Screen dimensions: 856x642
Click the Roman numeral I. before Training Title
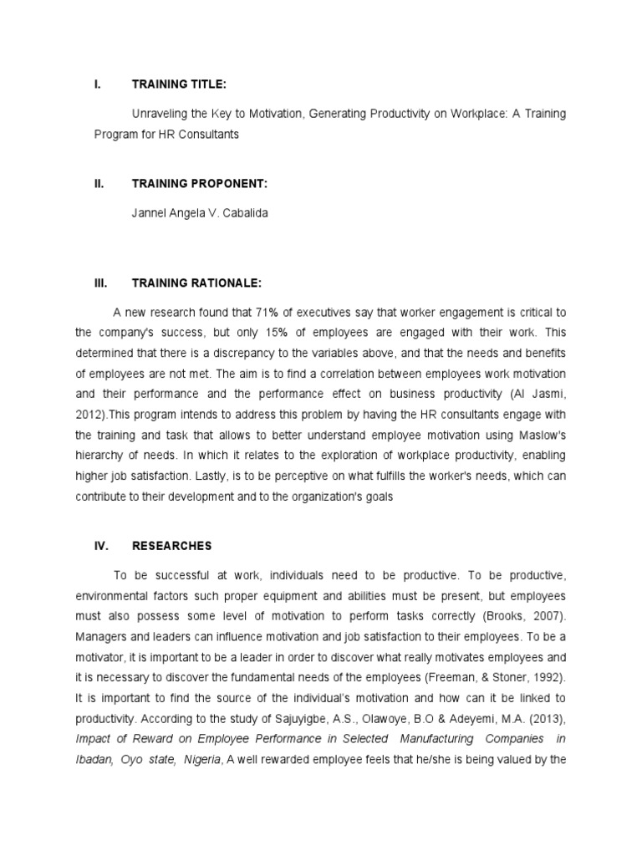pyautogui.click(x=98, y=84)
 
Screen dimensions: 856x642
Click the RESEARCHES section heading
pyautogui.click(x=172, y=546)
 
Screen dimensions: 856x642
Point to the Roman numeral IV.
pyautogui.click(x=100, y=546)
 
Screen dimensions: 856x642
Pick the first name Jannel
pyautogui.click(x=150, y=212)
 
